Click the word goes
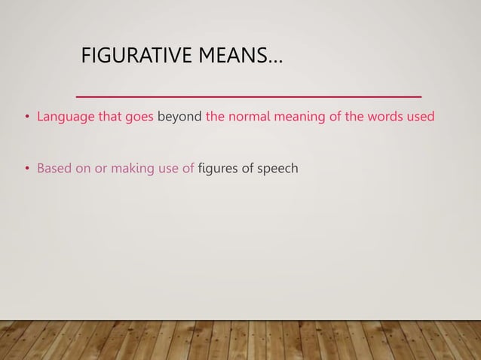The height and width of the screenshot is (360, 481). point(139,118)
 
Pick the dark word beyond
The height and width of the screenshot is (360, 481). point(179,117)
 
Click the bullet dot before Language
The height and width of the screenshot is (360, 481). point(26,118)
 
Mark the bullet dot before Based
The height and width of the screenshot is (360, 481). point(26,169)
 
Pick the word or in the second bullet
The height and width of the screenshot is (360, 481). point(100,168)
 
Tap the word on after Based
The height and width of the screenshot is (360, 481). point(82,168)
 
